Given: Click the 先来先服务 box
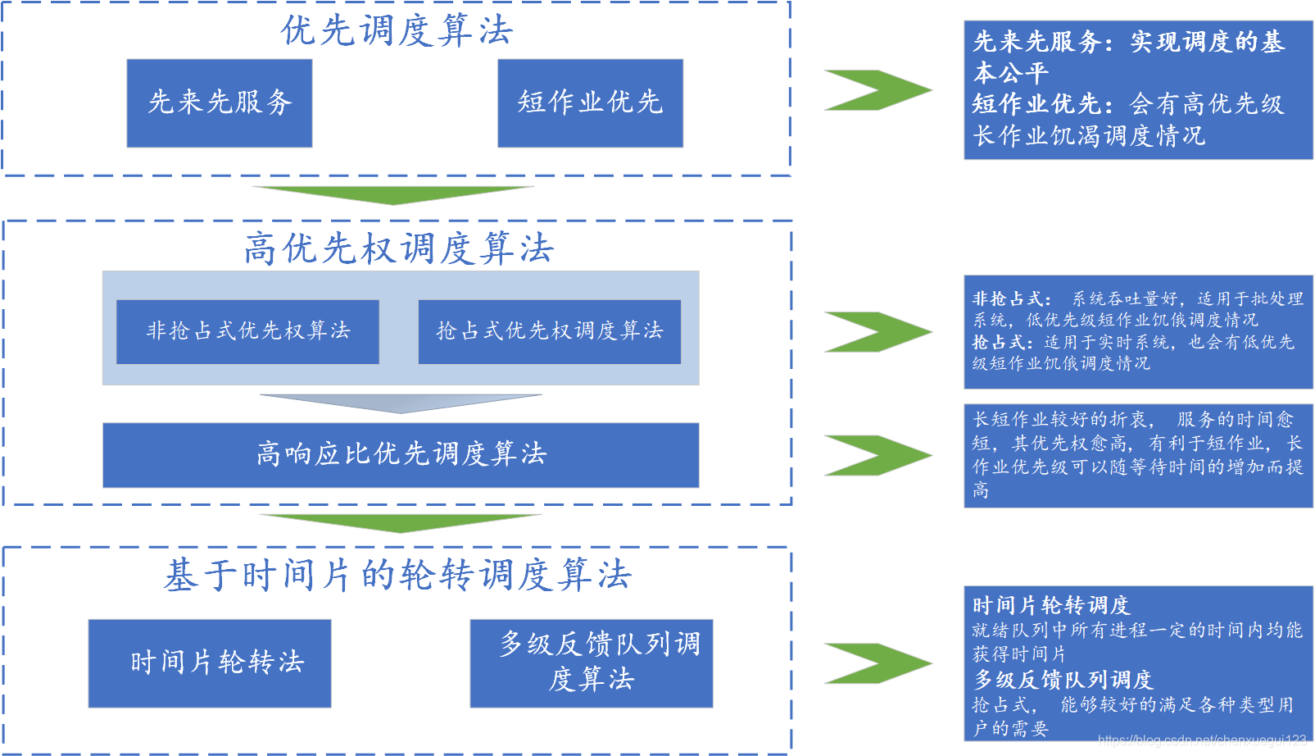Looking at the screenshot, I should point(220,102).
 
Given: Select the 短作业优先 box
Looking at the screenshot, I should point(590,102).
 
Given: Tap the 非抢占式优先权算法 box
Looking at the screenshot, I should point(247,331).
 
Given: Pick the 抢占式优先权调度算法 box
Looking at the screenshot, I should point(549,331).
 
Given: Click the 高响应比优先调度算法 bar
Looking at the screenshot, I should point(401,454).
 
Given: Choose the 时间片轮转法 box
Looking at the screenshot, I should point(210,663).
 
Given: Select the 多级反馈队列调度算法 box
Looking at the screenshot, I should point(591,663).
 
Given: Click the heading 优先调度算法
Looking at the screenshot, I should point(397,31).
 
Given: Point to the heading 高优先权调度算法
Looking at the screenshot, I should point(398,248).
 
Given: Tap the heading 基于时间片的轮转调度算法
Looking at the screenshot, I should point(397,575).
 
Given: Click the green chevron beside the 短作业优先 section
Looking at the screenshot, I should point(877,89).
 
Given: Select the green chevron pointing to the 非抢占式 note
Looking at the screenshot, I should point(877,331).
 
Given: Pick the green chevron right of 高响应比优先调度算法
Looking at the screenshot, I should point(877,455).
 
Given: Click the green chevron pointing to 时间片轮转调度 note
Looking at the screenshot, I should point(877,663).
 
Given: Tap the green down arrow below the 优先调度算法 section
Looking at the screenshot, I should point(393,194).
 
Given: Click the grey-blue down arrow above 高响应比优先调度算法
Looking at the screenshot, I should point(401,403).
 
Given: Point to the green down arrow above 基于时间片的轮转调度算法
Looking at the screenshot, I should point(401,522).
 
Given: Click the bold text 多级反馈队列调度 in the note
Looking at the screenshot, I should point(1063,680).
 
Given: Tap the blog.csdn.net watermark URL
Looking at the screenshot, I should point(1201,740).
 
